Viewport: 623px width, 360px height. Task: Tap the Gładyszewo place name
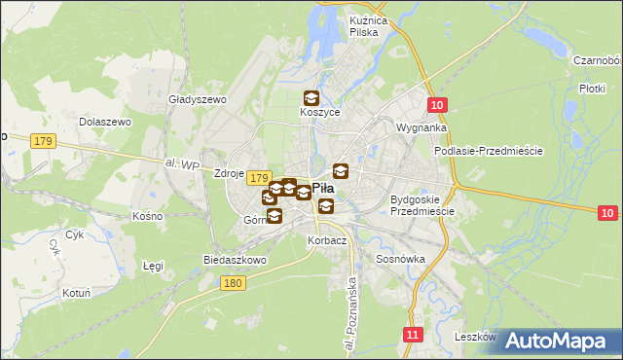[x=198, y=99]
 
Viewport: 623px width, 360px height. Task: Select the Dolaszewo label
[x=106, y=123]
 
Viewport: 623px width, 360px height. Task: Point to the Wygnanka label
[x=421, y=127]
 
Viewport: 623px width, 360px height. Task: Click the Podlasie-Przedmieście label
[x=488, y=151]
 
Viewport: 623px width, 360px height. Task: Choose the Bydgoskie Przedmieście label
[x=422, y=205]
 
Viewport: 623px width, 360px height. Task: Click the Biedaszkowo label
[x=235, y=261]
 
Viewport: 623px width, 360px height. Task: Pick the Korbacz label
[x=326, y=239]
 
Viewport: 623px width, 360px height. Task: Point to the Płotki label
[x=592, y=88]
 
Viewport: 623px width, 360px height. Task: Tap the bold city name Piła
[x=323, y=189]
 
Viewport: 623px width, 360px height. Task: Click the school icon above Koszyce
[x=311, y=98]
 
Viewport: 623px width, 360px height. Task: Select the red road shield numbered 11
[x=414, y=335]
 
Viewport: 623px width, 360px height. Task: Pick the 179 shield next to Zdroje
[x=258, y=178]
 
